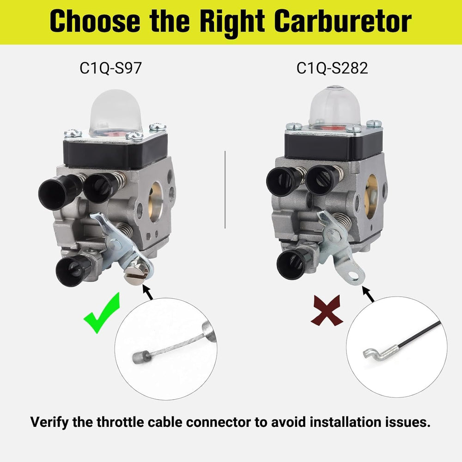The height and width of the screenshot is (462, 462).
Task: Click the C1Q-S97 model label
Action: pos(110,68)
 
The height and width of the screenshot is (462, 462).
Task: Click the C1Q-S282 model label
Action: pos(332,68)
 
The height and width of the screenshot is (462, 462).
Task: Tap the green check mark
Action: pos(102,313)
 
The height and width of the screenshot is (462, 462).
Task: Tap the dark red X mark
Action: pos(327,310)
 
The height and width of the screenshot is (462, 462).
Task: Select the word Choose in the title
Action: pos(95,21)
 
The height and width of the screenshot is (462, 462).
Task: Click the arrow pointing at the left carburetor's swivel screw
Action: pos(148,292)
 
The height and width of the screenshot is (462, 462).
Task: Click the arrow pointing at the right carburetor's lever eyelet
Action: pos(368,294)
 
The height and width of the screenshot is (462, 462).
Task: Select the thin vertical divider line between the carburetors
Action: pos(225,189)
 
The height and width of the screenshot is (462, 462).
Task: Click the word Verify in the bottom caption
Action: pos(49,422)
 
